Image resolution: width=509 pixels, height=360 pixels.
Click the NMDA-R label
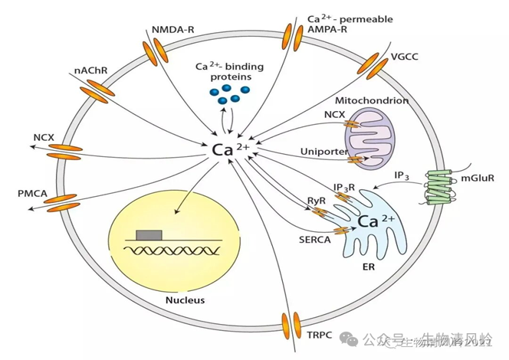[x=172, y=30]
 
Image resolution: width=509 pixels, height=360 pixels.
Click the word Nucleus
[x=186, y=299]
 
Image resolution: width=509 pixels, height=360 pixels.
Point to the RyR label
[x=317, y=201]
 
